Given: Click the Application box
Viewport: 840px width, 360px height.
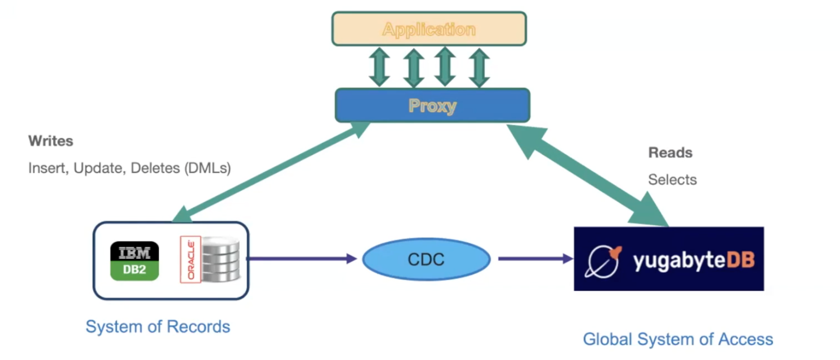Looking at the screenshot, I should [x=429, y=29].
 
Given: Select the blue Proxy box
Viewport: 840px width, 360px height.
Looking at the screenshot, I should [x=432, y=105].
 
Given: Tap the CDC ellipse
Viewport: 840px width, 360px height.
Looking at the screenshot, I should [x=426, y=259].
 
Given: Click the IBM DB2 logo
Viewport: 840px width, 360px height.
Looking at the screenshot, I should [x=134, y=261].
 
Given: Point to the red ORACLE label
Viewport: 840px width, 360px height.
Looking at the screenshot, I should [x=190, y=260].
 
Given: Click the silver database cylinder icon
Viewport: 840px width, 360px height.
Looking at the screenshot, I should [x=221, y=259].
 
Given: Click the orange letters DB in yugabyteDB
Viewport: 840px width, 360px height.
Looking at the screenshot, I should [x=740, y=260].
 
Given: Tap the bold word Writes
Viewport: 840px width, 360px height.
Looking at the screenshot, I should [x=51, y=141].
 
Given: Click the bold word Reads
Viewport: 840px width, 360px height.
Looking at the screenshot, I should [x=670, y=153].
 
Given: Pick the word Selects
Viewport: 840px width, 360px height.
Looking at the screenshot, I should [x=672, y=180].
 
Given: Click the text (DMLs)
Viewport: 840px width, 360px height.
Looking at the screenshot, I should [x=208, y=168].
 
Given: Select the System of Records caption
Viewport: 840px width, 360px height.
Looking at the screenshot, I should [x=158, y=327].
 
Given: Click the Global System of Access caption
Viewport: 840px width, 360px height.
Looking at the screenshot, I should [x=678, y=339].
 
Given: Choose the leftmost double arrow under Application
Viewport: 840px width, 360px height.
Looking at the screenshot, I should [x=379, y=67].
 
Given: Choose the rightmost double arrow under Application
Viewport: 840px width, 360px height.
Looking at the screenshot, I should [x=479, y=67].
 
